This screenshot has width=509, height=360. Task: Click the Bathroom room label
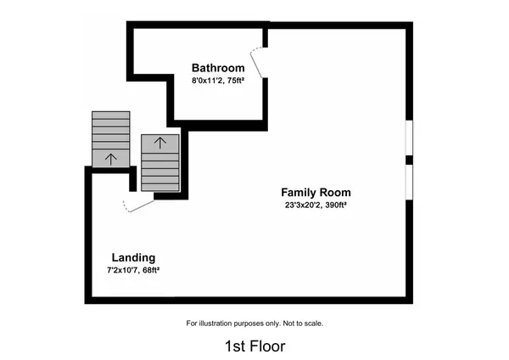(x=218, y=68)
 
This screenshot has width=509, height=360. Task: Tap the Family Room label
(x=316, y=192)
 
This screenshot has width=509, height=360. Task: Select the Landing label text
(x=133, y=257)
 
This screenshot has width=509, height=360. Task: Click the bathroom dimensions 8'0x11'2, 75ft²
(x=218, y=81)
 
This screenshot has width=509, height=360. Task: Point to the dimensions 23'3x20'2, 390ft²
(x=316, y=205)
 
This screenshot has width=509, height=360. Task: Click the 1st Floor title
(x=255, y=346)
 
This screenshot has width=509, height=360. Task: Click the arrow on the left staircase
(x=109, y=158)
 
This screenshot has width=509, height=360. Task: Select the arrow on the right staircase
(x=159, y=143)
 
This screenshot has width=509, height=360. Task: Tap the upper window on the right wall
(x=409, y=138)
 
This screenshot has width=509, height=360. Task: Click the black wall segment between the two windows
(x=409, y=160)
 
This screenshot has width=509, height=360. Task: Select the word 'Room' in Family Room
(x=335, y=192)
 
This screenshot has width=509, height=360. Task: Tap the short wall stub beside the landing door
(x=131, y=179)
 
